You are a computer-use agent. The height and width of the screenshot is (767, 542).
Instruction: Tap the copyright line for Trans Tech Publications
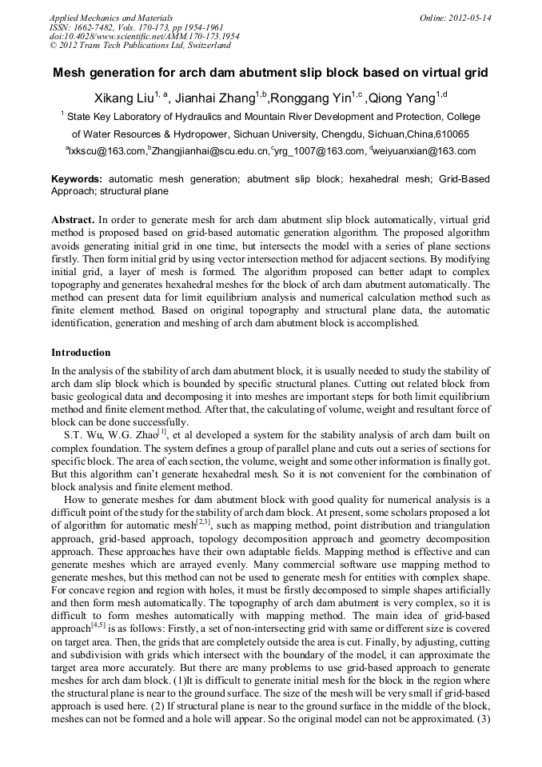(140, 46)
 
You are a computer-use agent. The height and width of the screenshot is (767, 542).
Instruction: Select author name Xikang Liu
(122, 98)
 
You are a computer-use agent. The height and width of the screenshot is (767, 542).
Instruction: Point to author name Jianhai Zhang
(213, 98)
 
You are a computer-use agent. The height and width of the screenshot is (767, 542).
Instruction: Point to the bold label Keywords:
(77, 179)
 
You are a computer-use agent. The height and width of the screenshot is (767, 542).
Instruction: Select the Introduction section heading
(81, 352)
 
